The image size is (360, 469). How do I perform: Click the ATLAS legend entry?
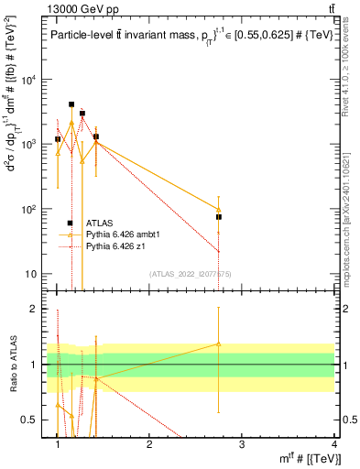(x=98, y=223)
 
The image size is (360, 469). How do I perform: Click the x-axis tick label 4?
(x=334, y=443)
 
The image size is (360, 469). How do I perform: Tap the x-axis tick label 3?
(x=242, y=443)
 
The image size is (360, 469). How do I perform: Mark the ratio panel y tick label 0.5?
(x=33, y=420)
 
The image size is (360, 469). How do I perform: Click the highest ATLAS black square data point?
(x=71, y=104)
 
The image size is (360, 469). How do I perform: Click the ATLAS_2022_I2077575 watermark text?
(x=183, y=275)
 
